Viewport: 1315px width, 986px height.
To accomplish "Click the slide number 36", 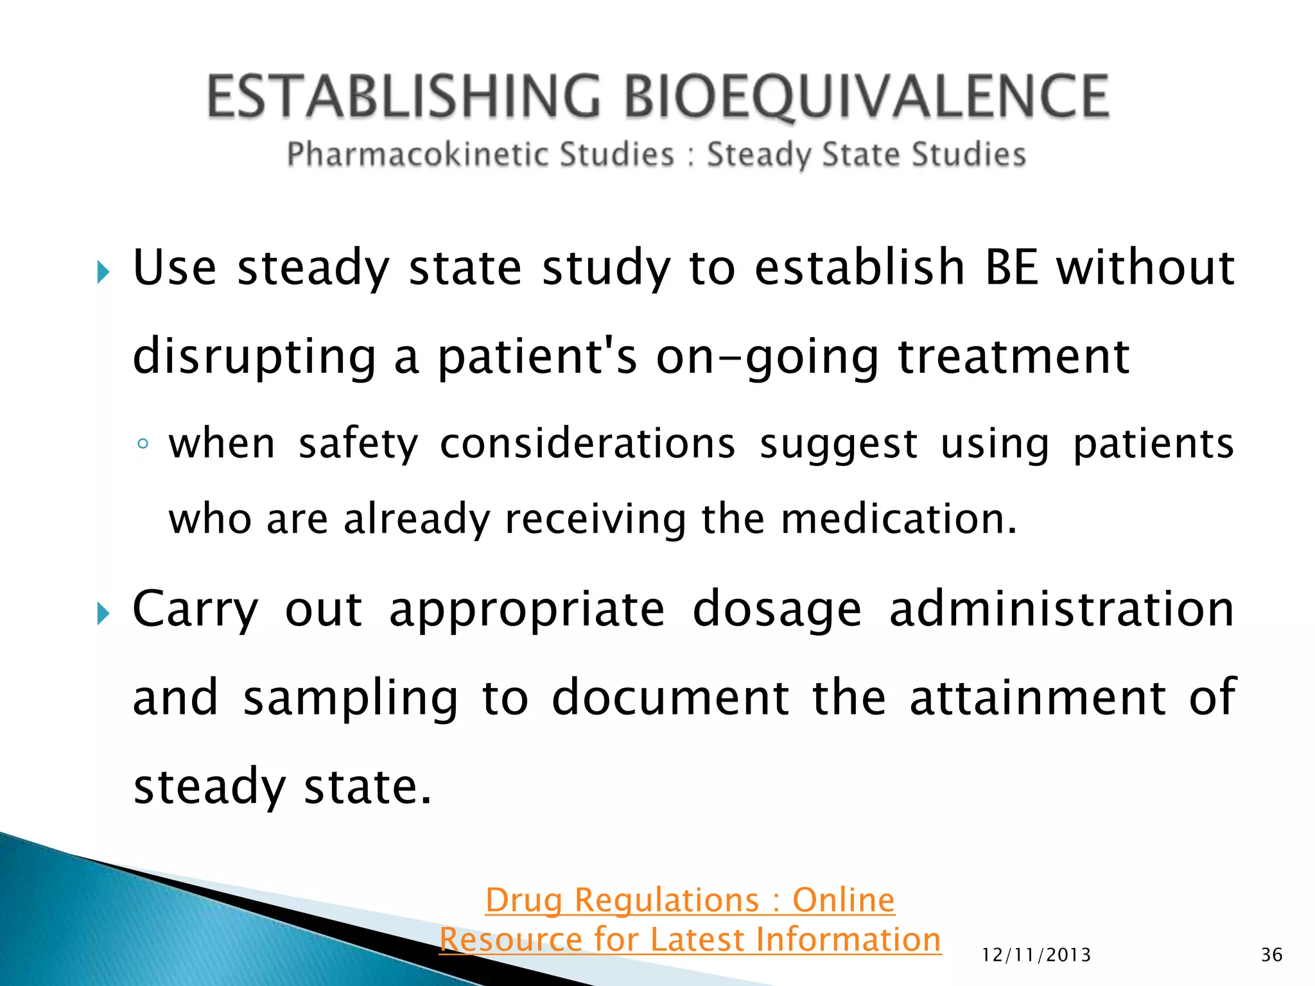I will (x=1271, y=955).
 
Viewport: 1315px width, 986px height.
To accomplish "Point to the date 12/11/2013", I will (x=1036, y=955).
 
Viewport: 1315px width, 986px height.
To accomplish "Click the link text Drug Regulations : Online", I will (x=690, y=899).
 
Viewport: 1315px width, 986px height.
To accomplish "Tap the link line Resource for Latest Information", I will (x=690, y=939).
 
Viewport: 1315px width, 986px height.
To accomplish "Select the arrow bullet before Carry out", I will (x=103, y=614).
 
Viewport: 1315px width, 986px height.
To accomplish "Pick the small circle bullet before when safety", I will (x=143, y=444).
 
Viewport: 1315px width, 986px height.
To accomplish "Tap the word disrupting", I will (x=254, y=357).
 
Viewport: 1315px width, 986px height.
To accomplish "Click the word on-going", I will (x=767, y=357).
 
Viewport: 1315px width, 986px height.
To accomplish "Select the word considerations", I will (x=587, y=444).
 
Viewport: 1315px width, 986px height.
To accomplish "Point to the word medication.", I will (x=899, y=519).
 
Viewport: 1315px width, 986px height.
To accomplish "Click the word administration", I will (x=1061, y=609).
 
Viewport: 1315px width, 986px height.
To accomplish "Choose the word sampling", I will (x=351, y=698).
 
